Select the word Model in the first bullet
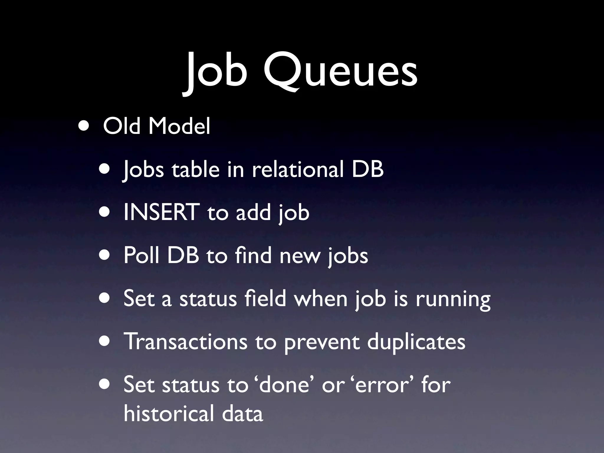[x=179, y=126]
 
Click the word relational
[x=298, y=169]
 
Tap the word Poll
[x=141, y=255]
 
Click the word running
[x=453, y=299]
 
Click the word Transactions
[x=185, y=342]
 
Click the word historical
[x=169, y=413]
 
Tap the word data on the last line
[x=242, y=413]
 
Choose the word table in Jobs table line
[x=196, y=169]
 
